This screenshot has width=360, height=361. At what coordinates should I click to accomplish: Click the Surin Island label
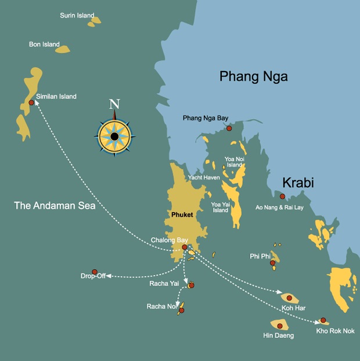coord(77,16)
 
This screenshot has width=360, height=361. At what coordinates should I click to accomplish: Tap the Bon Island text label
coord(44,44)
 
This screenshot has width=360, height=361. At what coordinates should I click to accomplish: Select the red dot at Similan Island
coord(31,103)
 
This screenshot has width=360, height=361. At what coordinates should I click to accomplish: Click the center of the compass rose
coord(115,137)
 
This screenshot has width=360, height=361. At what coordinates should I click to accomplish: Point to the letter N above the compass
coord(115,105)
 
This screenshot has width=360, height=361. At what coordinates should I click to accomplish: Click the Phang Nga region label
coord(253,76)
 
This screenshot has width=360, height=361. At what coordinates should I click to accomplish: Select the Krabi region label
coord(298,183)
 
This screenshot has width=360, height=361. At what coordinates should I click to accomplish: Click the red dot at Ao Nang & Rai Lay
coord(283,196)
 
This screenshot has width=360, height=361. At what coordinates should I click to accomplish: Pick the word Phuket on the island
coord(182,215)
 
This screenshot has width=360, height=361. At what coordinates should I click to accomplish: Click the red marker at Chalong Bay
coord(185,247)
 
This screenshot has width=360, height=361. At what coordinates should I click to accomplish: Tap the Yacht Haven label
coord(204,177)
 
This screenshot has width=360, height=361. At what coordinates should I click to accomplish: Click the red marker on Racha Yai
coord(190,285)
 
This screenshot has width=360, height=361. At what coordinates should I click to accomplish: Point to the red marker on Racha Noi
coord(181,310)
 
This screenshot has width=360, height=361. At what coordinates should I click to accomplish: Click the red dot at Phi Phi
coord(272,263)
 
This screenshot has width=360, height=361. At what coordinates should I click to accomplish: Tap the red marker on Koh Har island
coord(289,298)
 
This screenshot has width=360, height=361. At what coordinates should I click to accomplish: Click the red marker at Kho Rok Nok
coord(323,320)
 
